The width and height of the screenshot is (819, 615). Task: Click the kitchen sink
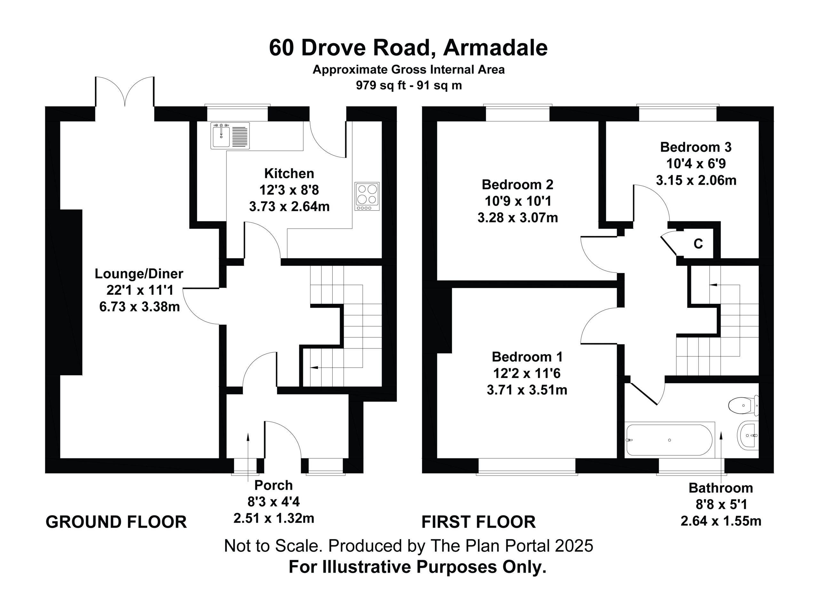(x=230, y=136)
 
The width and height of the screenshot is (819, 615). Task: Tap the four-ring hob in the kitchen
(x=367, y=196)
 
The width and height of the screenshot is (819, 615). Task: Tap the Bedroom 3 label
(x=696, y=147)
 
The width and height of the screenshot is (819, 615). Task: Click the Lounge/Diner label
(x=139, y=274)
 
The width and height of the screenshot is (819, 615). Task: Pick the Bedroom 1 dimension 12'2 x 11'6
(x=527, y=373)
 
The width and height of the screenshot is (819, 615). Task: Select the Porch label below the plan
(x=274, y=485)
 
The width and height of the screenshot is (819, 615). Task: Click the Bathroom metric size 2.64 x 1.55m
(x=721, y=521)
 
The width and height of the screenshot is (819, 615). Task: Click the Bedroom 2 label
(x=518, y=184)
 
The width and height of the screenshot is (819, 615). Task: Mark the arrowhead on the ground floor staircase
(x=314, y=367)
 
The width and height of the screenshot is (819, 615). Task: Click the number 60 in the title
(x=282, y=47)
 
